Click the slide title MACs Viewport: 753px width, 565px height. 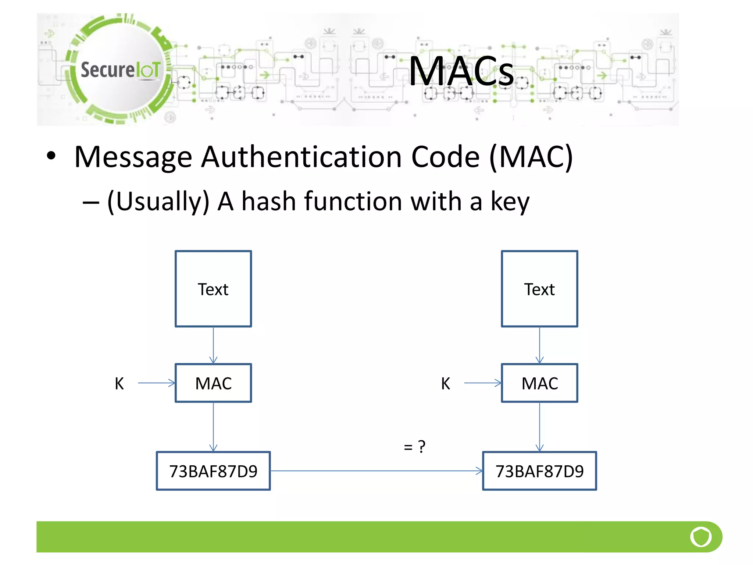pyautogui.click(x=461, y=71)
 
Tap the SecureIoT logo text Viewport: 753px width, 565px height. pyautogui.click(x=120, y=70)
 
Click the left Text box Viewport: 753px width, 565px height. pyautogui.click(x=213, y=289)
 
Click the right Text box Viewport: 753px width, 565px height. pyautogui.click(x=539, y=289)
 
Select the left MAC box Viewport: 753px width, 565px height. pyautogui.click(x=213, y=383)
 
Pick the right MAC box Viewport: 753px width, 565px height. pyautogui.click(x=539, y=383)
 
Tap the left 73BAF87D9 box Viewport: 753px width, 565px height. pyautogui.click(x=213, y=471)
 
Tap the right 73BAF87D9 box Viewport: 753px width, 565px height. pyautogui.click(x=539, y=471)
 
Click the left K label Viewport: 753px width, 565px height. pyautogui.click(x=119, y=384)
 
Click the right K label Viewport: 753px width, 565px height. pyautogui.click(x=445, y=384)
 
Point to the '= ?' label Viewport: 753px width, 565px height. pyautogui.click(x=414, y=447)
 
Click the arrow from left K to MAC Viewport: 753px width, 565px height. pyautogui.click(x=156, y=383)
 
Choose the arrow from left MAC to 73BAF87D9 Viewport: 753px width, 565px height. pyautogui.click(x=213, y=427)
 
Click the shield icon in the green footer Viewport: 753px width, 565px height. pyautogui.click(x=701, y=537)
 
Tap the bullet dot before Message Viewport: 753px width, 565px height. pyautogui.click(x=51, y=156)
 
